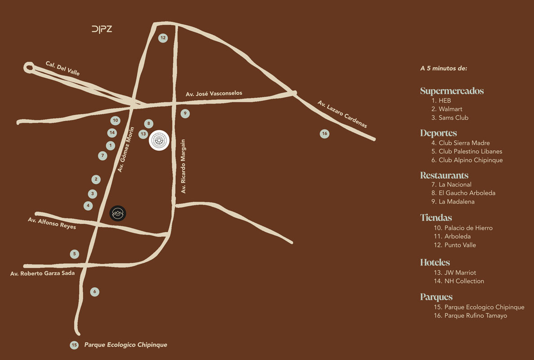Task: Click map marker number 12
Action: (x=163, y=38)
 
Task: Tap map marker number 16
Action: (x=324, y=134)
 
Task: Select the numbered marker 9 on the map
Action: (x=185, y=113)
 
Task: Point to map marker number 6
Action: (x=94, y=292)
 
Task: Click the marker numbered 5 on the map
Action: (x=75, y=254)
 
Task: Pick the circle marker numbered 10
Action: (x=116, y=120)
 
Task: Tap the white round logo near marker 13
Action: (x=159, y=141)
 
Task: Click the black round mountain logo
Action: (x=118, y=213)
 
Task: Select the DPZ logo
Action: (x=102, y=29)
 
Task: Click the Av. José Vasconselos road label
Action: (x=214, y=93)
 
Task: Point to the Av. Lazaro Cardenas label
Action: (x=342, y=114)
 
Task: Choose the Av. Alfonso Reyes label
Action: (x=52, y=223)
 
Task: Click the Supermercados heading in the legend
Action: (x=452, y=91)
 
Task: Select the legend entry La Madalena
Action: (x=456, y=202)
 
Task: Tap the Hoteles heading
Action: (x=435, y=262)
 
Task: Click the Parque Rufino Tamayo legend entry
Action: (x=475, y=315)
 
